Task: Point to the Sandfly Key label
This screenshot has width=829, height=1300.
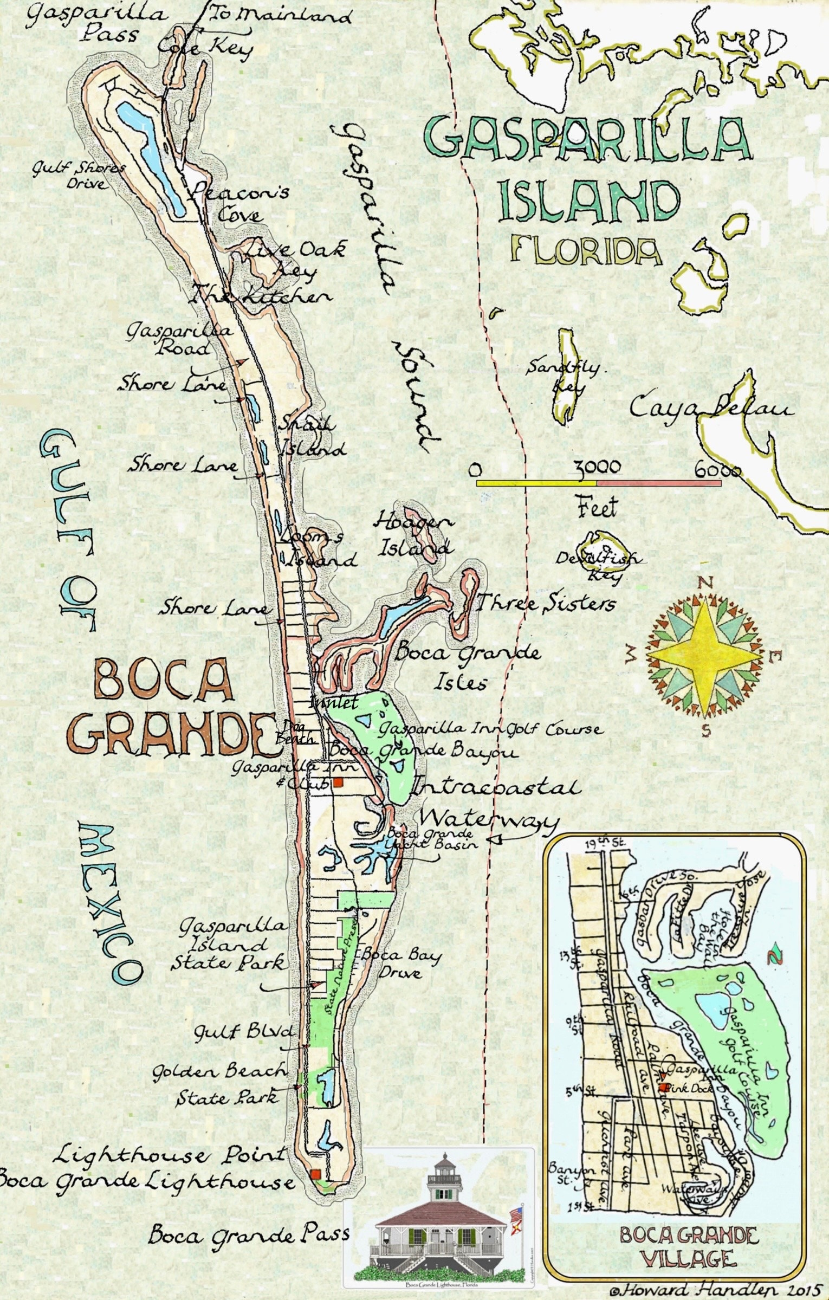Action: pos(564,377)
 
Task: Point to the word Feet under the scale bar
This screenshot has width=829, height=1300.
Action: pos(597,508)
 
